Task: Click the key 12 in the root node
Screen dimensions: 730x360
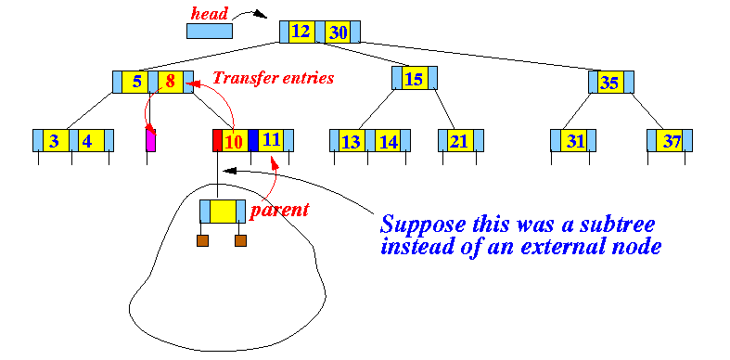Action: (301, 32)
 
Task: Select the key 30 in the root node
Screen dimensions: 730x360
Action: (338, 32)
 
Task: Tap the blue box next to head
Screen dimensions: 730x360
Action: (210, 31)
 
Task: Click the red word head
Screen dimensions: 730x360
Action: (210, 14)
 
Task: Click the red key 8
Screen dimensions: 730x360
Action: (171, 82)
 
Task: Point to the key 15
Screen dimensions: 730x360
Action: (415, 78)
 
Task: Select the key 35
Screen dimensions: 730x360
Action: (610, 83)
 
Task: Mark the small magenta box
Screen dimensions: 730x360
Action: (151, 141)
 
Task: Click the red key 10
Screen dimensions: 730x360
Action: (235, 141)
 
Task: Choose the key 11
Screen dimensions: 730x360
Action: (271, 141)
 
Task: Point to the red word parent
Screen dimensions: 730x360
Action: (279, 210)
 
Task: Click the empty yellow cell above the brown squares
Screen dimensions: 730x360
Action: (223, 212)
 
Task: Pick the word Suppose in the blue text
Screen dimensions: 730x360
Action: (422, 225)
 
